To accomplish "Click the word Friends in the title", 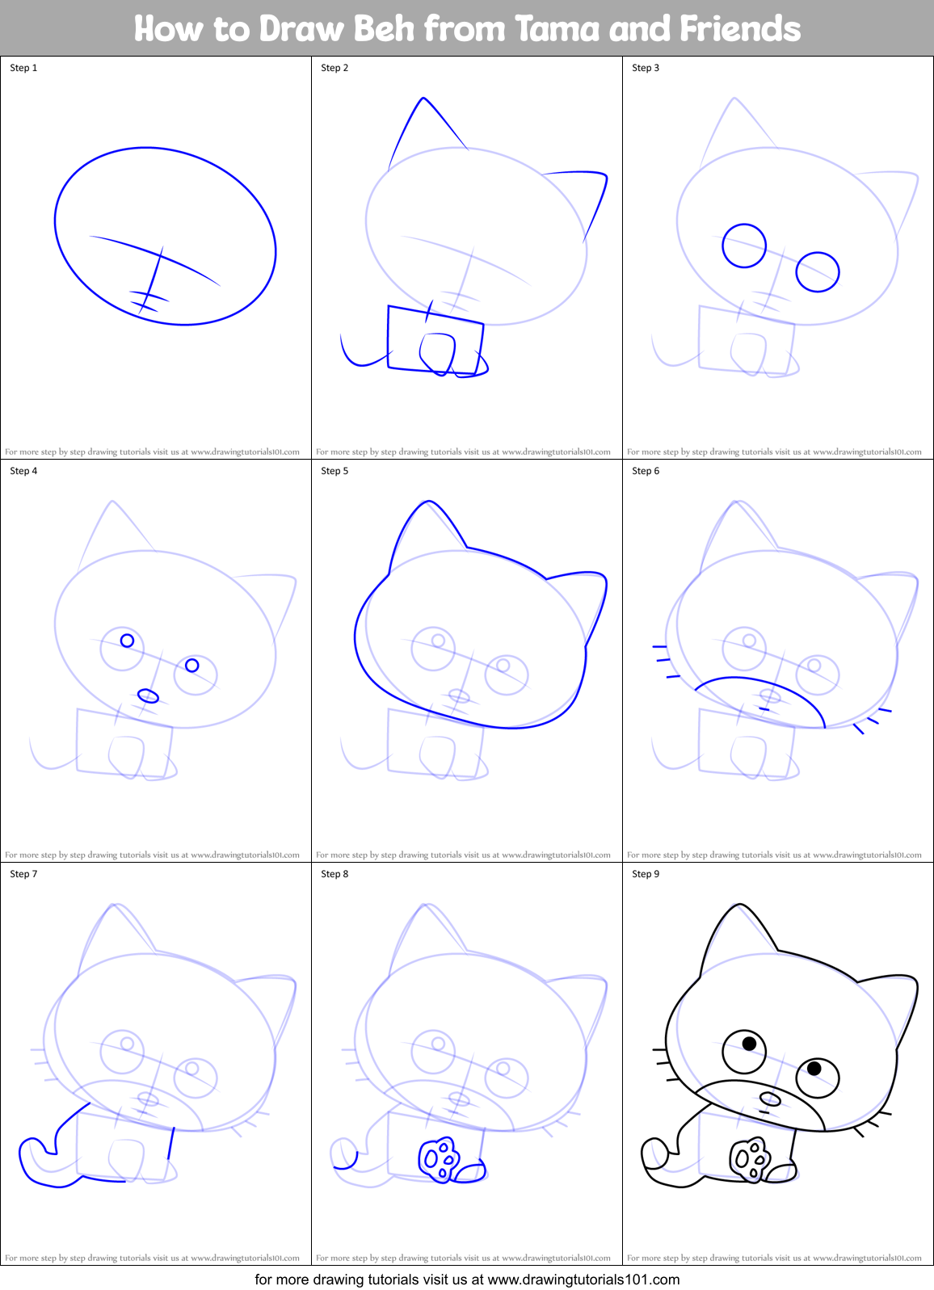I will coord(739,29).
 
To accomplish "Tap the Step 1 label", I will coord(23,68).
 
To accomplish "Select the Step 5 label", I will coord(334,471).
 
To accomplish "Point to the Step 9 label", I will coord(646,874).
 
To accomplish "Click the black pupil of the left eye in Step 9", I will coord(749,1044).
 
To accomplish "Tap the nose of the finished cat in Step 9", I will coord(770,1099).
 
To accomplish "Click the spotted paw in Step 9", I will coord(749,1160).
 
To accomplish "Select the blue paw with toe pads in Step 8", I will coord(439,1160).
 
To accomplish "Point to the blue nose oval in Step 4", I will coord(149,695).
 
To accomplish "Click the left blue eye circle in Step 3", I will coord(743,246).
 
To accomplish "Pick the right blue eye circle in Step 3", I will coord(818,271).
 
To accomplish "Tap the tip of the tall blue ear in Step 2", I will coord(423,99).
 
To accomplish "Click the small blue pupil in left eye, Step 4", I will coord(127,641).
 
